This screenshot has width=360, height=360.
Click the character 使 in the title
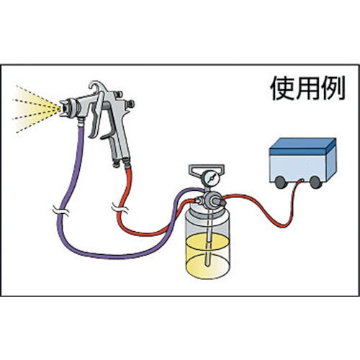[x=282, y=88]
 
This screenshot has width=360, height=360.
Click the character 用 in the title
[x=307, y=88]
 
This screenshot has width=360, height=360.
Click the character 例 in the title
[x=333, y=88]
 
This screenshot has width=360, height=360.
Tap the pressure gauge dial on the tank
[x=210, y=178]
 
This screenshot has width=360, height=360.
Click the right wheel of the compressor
[x=315, y=182]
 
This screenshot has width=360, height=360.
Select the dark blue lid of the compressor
[x=302, y=146]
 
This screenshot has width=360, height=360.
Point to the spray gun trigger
[x=96, y=114]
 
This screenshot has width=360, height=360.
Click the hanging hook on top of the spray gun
[x=97, y=86]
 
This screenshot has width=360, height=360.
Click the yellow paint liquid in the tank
[x=208, y=256]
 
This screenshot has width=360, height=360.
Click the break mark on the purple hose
[x=60, y=211]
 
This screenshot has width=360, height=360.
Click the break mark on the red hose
[x=120, y=207]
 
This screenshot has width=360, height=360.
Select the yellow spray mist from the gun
[x=36, y=109]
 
